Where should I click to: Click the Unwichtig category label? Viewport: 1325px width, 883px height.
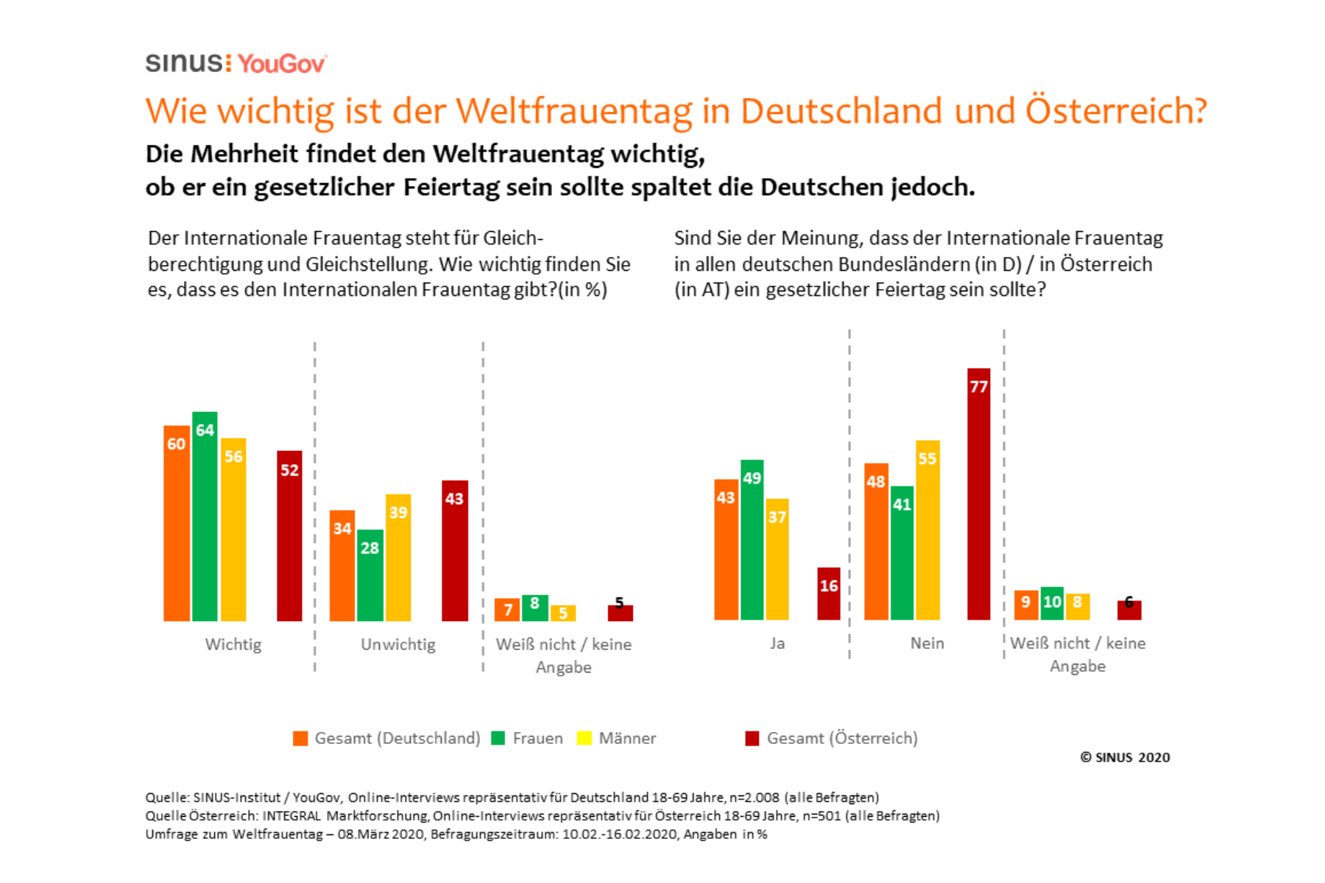(x=398, y=645)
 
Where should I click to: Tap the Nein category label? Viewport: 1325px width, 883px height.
(x=927, y=643)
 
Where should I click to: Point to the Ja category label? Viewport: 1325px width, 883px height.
(x=777, y=643)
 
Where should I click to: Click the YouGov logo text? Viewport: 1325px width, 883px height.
(x=281, y=64)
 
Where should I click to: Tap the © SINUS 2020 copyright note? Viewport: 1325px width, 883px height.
(x=1125, y=757)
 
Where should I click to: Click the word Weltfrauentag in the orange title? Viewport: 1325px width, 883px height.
(x=573, y=111)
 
